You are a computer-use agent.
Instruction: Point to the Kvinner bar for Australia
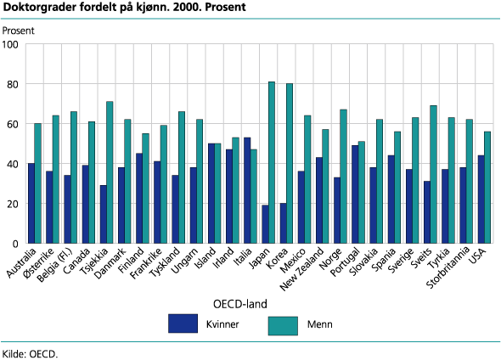[x=31, y=203]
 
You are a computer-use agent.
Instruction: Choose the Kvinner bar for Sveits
[x=426, y=212]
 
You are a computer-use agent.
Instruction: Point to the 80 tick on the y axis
[x=25, y=84]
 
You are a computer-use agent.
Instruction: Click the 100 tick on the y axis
[x=25, y=44]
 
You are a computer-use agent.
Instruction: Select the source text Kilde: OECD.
[x=30, y=352]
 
